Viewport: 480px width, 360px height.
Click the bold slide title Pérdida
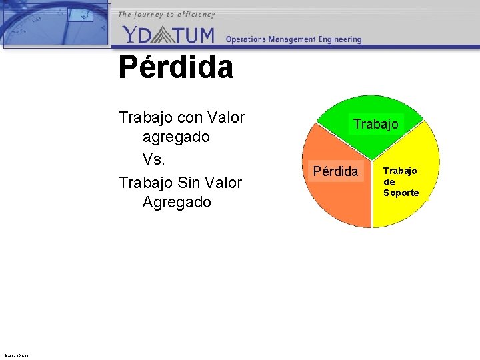[176, 67]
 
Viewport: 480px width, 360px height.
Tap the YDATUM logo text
[169, 34]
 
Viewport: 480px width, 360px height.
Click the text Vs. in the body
[154, 160]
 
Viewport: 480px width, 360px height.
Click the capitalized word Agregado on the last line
[176, 203]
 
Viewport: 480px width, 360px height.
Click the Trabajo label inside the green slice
[376, 124]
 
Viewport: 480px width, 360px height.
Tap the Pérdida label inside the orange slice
[335, 171]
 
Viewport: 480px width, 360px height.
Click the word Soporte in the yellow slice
[401, 193]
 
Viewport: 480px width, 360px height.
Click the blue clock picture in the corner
[55, 23]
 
